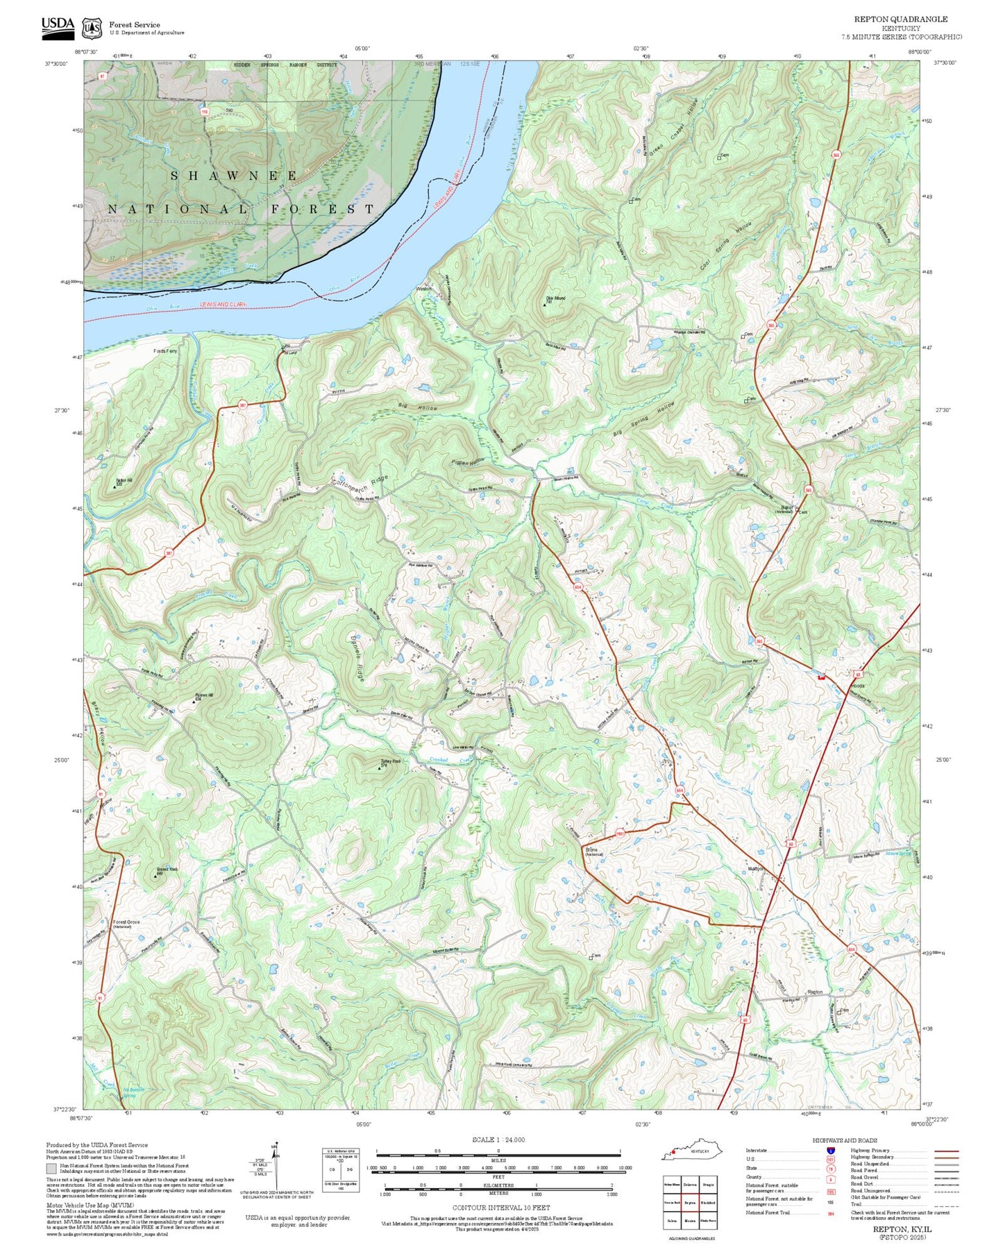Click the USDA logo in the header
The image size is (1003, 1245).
coord(58,24)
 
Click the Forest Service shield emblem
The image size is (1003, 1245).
coord(92,28)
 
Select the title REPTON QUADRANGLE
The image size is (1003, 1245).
coord(900,19)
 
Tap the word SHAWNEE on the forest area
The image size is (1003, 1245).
coord(234,176)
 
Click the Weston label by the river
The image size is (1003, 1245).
coord(423,288)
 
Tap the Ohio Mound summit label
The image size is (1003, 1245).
coord(555,299)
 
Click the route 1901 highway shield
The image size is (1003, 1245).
coord(620,833)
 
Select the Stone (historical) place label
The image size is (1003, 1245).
coord(592,851)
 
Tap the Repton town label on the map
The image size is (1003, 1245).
coord(815,992)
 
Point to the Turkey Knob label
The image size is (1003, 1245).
coord(391,762)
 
